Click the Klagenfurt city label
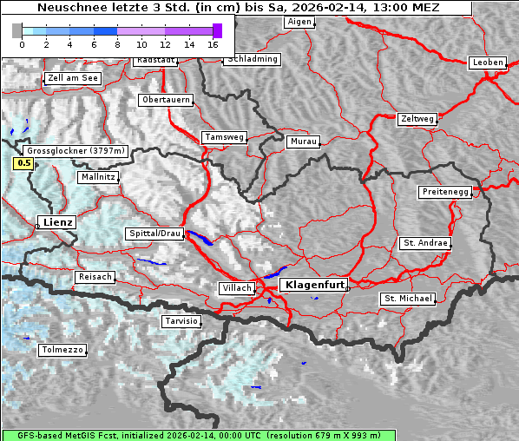tap(316, 284)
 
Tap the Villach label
tap(236, 288)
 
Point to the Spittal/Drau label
tap(155, 234)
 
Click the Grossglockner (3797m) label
tap(77, 150)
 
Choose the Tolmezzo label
tap(62, 350)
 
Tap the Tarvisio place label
tap(181, 321)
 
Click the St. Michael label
tap(407, 299)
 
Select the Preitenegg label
tap(445, 192)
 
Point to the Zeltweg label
tap(417, 118)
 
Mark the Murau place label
tap(304, 141)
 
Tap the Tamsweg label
tap(225, 137)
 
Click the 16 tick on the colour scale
tap(213, 43)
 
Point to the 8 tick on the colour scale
tap(117, 43)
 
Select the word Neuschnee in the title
tap(63, 8)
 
